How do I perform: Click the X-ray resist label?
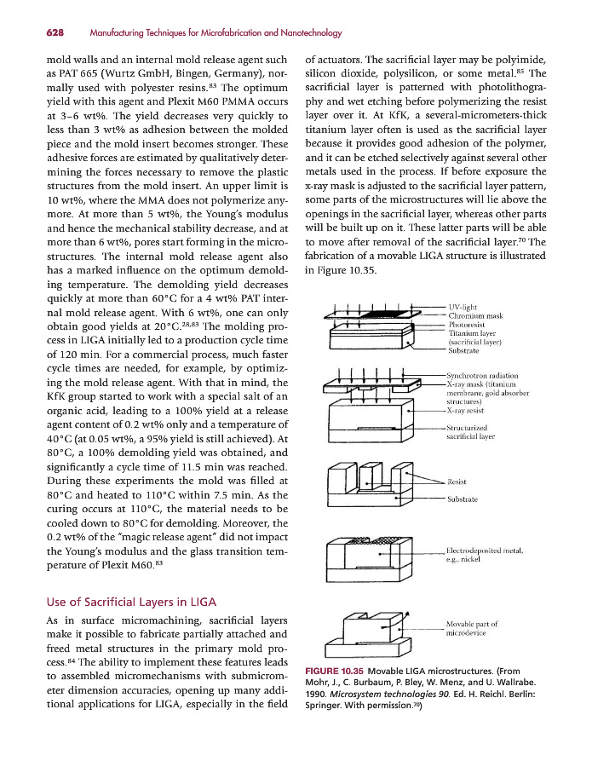tap(469, 411)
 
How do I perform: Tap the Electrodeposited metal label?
tap(484, 551)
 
